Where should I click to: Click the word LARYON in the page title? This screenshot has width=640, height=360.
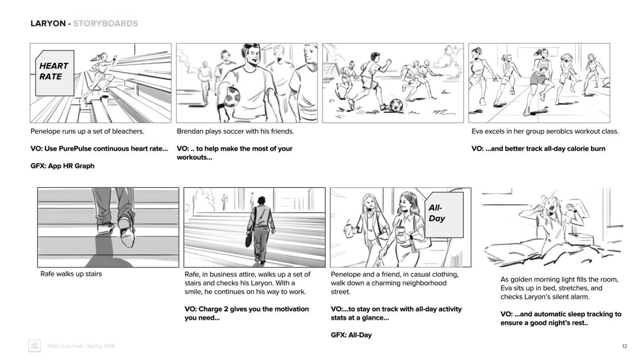click(x=48, y=23)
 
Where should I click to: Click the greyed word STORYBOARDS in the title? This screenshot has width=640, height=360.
click(x=106, y=23)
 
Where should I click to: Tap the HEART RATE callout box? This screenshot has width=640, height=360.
click(x=55, y=73)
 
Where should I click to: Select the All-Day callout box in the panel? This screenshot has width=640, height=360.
click(x=444, y=215)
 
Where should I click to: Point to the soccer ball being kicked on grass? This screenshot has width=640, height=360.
click(x=396, y=105)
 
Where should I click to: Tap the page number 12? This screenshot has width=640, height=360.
click(x=624, y=346)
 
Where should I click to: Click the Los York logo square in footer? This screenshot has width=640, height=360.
click(x=35, y=346)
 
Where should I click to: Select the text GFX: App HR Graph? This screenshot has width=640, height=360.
click(x=62, y=166)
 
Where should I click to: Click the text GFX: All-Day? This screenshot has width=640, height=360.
click(x=351, y=335)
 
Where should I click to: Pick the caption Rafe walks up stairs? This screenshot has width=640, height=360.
click(x=71, y=274)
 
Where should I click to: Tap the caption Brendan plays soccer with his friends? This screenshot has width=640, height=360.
click(x=235, y=131)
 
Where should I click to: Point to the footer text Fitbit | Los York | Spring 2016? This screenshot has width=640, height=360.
click(x=81, y=346)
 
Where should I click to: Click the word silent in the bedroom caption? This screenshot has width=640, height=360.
click(x=558, y=297)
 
